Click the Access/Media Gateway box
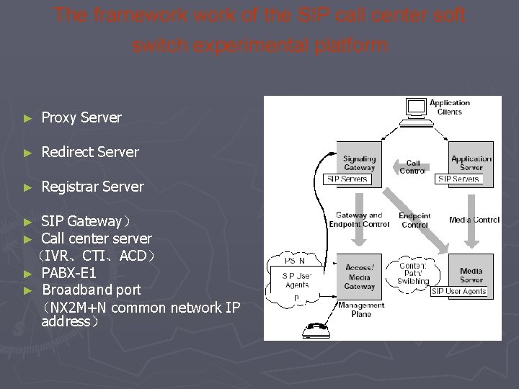[x=359, y=276]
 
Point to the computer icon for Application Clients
[x=416, y=108]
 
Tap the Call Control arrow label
[x=413, y=167]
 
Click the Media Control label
[x=474, y=220]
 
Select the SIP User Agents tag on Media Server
[x=459, y=291]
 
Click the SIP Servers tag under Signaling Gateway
[x=347, y=179]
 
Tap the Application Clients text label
[x=450, y=107]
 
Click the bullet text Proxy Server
[x=81, y=117]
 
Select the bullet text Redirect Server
[x=90, y=152]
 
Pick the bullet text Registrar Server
[x=92, y=187]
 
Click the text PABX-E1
[x=68, y=273]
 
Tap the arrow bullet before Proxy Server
[x=27, y=117]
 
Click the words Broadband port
[x=92, y=290]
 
